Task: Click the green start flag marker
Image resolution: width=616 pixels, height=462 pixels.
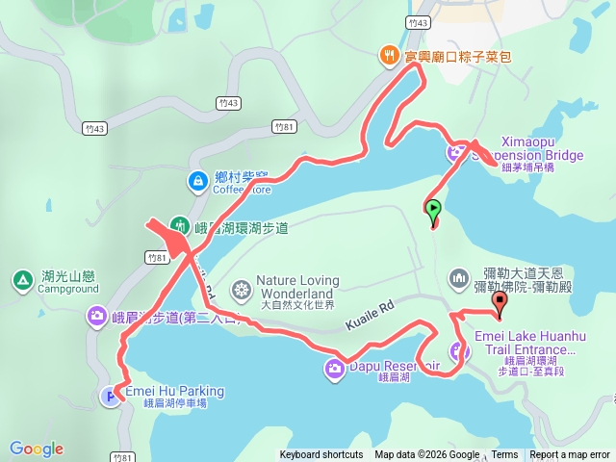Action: (x=433, y=208)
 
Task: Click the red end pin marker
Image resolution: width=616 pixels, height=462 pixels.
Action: (x=500, y=302)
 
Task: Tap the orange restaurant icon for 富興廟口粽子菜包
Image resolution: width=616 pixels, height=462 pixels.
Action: (x=390, y=56)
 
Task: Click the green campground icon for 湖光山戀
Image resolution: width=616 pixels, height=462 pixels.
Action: (x=22, y=280)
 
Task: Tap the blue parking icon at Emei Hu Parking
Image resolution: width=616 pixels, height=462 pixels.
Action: (x=113, y=395)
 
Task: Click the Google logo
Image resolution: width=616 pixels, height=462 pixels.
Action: (x=37, y=449)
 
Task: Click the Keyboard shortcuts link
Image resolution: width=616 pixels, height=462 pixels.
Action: (x=321, y=455)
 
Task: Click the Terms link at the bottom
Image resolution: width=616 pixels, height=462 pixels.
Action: (x=504, y=455)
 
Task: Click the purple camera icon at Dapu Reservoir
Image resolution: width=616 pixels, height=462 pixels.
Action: (x=334, y=367)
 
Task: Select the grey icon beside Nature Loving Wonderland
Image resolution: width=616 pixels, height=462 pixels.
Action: (x=243, y=289)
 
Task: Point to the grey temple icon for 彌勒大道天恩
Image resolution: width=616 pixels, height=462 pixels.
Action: (x=458, y=280)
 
